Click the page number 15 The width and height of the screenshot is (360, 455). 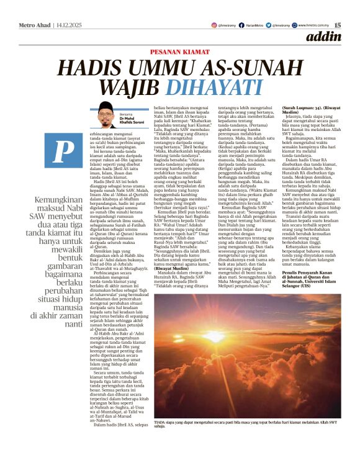click(x=338, y=25)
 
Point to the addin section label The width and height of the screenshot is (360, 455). click(x=323, y=37)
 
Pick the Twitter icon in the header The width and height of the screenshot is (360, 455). click(x=270, y=25)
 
